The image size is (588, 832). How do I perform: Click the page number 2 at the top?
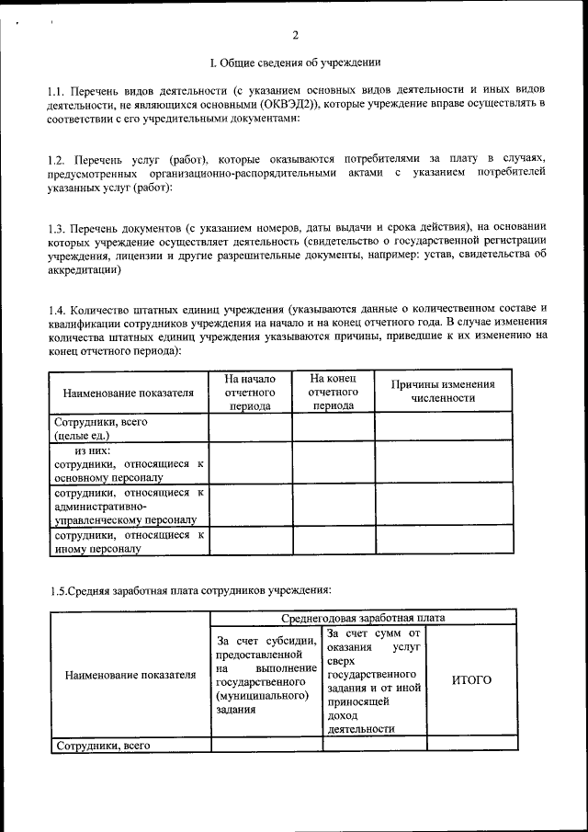pyautogui.click(x=295, y=36)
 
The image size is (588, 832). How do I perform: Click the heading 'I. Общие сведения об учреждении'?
pyautogui.click(x=295, y=63)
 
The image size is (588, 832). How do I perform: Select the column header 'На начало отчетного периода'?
pyautogui.click(x=250, y=392)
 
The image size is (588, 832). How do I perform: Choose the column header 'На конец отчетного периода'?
pyautogui.click(x=334, y=392)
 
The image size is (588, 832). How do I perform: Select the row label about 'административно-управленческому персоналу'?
pyautogui.click(x=129, y=507)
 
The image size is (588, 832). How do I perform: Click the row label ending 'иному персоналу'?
pyautogui.click(x=129, y=541)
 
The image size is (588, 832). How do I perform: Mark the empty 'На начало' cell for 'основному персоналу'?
pyautogui.click(x=250, y=464)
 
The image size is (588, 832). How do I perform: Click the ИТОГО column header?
pyautogui.click(x=471, y=680)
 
